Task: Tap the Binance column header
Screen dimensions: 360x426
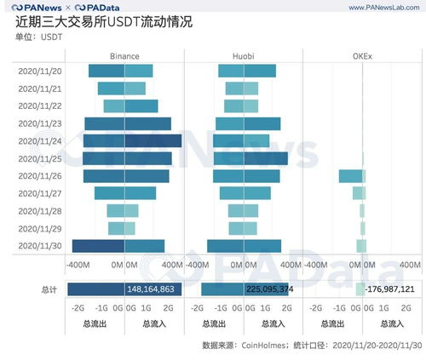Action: coord(124,56)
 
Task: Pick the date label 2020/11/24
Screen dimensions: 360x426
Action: coord(39,140)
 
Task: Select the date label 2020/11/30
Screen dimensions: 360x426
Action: coord(39,246)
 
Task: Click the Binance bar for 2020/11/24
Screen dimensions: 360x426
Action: coord(132,140)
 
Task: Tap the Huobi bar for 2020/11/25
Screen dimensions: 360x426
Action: coord(249,158)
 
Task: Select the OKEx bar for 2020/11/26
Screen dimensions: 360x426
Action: coord(352,176)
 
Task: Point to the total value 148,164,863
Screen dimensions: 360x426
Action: coord(151,289)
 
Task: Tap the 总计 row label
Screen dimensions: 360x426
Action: coord(49,289)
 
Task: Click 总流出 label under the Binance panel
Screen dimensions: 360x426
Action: coord(95,324)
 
